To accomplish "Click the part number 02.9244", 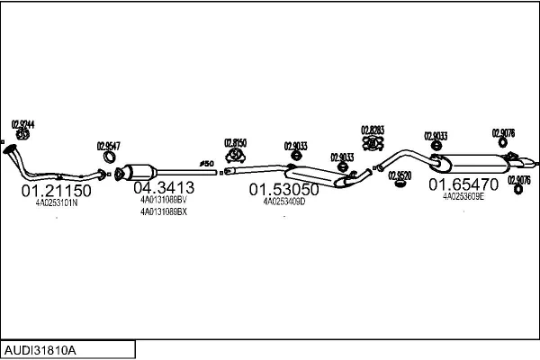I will click(23, 123).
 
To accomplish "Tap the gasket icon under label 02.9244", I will click(23, 135).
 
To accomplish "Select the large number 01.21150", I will click(56, 191).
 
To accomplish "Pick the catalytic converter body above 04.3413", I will click(141, 170).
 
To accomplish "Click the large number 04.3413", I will click(163, 188).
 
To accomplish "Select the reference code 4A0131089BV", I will click(163, 200).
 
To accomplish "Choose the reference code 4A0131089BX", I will click(163, 212).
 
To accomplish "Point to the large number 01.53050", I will click(283, 190).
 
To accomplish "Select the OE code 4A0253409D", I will click(284, 202).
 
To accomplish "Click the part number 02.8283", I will click(372, 130).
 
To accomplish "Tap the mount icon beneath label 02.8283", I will click(372, 143).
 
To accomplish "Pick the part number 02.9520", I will click(400, 175).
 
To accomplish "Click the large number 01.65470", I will click(462, 184).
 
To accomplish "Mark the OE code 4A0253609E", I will click(463, 195).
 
